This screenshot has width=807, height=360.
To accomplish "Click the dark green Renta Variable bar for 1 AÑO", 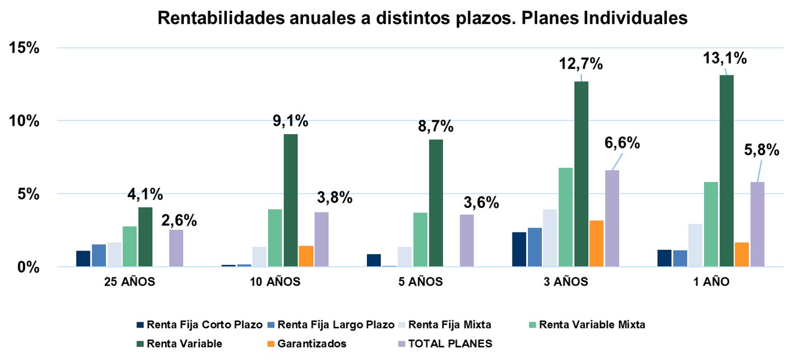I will [x=726, y=171].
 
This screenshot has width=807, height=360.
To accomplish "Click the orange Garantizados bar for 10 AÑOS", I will [x=306, y=256].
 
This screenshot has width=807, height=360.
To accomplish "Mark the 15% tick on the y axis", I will [x=24, y=48].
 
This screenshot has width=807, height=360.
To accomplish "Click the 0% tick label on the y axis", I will [x=28, y=267].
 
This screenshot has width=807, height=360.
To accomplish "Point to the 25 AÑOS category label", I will [x=130, y=282].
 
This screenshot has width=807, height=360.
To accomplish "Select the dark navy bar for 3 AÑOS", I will [x=519, y=249].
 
